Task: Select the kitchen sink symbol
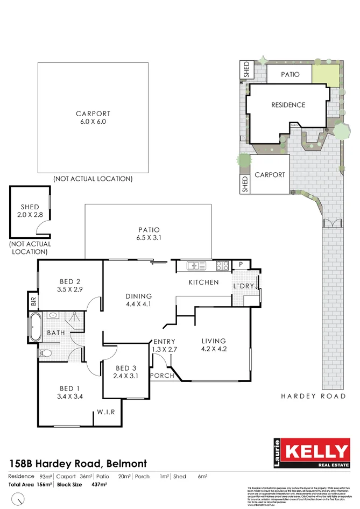coord(196,265)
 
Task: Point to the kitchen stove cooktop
coord(222,265)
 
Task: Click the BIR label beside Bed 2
coord(33,301)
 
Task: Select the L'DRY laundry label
coord(243,286)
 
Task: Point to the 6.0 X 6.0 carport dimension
coord(93,122)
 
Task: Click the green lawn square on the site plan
coord(326,74)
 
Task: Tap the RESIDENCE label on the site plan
coord(288,105)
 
